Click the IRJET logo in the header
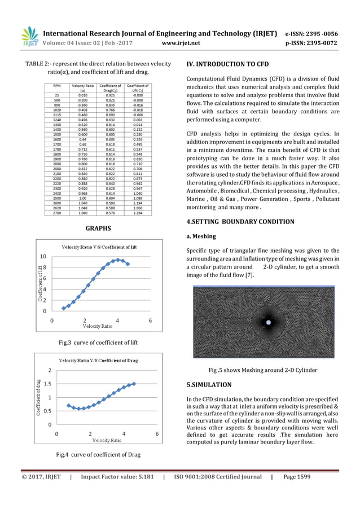click(29, 36)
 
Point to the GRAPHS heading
click(98, 229)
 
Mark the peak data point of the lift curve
click(117, 260)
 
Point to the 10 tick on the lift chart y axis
click(43, 257)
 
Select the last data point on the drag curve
click(134, 384)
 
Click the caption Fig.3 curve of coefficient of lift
click(98, 343)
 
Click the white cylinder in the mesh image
click(268, 322)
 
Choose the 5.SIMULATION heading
click(209, 385)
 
